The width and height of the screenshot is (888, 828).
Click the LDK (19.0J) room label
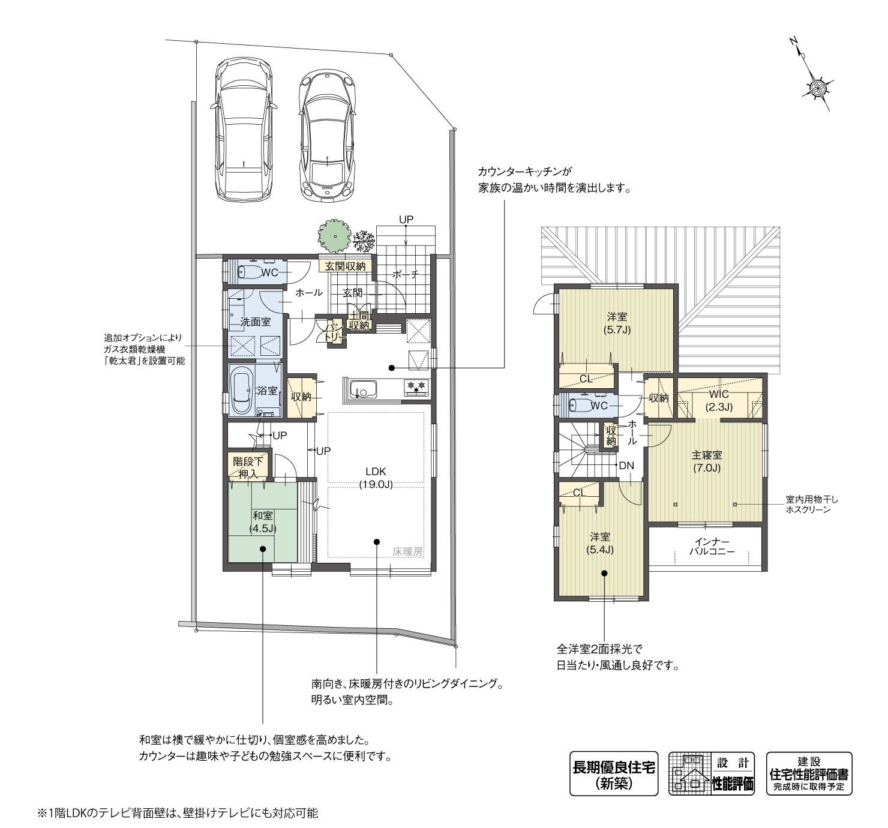click(376, 478)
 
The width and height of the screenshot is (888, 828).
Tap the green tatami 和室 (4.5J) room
click(262, 522)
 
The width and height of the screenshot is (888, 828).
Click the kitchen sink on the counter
click(362, 390)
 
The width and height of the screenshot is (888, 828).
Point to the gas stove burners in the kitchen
click(416, 388)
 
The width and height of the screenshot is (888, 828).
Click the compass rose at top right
click(817, 88)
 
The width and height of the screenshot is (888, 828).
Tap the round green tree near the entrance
click(334, 235)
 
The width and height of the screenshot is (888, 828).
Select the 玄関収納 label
click(345, 266)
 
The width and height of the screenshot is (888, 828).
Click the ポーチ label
click(406, 274)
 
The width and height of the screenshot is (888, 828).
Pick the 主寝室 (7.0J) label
click(706, 461)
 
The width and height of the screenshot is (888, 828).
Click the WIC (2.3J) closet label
click(718, 400)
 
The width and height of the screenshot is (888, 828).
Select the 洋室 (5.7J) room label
click(617, 323)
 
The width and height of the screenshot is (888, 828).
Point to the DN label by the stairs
click(626, 465)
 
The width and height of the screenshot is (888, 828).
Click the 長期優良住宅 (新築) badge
click(613, 773)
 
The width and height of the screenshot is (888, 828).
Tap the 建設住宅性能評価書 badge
click(809, 773)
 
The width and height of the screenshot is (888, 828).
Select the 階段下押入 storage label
click(248, 468)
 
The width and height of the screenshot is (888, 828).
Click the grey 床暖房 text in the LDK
click(408, 551)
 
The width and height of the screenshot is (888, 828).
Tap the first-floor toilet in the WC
click(251, 273)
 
